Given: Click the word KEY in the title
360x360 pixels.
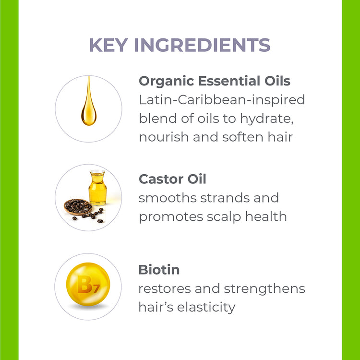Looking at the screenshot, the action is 108,45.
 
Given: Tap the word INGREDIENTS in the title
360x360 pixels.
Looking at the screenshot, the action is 202,45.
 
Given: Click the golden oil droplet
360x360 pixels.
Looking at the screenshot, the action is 89,101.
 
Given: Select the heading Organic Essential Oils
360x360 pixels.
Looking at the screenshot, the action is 215,81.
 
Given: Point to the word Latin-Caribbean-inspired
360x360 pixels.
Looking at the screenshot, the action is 222,100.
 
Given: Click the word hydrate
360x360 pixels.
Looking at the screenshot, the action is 267,119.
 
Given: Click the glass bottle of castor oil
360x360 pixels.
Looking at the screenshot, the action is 98,188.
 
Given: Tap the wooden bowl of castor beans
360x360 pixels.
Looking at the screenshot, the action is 78,207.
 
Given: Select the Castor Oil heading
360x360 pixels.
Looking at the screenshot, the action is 172,179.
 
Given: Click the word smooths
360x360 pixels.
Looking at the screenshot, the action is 168,198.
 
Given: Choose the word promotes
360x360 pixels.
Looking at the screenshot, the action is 171,217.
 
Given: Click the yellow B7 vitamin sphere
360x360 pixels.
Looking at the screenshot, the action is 88,284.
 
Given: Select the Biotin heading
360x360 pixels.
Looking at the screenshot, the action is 159,270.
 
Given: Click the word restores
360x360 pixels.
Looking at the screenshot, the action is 165,289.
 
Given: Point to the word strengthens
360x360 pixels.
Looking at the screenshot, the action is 264,288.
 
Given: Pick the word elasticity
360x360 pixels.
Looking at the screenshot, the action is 206,308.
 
